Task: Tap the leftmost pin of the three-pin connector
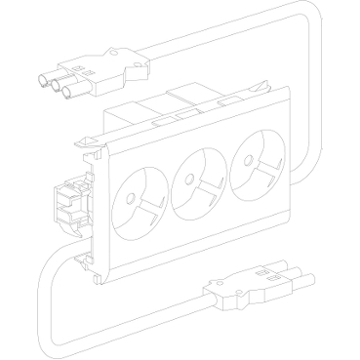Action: click(x=44, y=83)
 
